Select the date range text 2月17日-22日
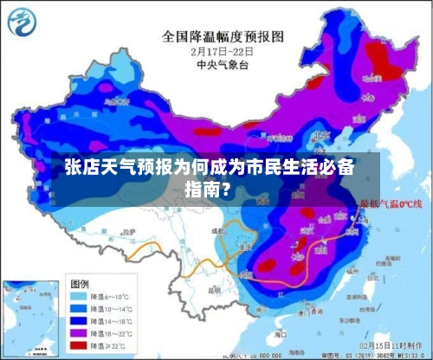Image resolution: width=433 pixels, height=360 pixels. (x=223, y=50)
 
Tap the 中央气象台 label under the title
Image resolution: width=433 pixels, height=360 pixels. (x=223, y=63)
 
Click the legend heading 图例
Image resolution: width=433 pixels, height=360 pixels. (x=80, y=283)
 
